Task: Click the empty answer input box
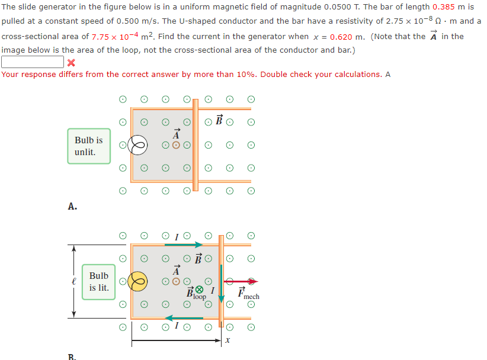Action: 33,62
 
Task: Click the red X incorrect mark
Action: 71,62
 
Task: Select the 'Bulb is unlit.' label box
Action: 89,146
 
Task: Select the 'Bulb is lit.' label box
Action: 99,282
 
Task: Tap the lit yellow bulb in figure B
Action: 139,281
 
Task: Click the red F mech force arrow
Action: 241,281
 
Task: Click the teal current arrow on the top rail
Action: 184,245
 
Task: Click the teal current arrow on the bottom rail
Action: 184,318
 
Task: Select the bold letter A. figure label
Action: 72,207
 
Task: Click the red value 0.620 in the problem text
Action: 342,36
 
